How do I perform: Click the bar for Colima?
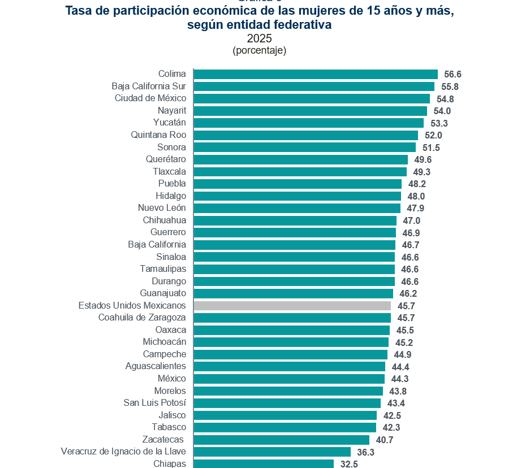[315, 74]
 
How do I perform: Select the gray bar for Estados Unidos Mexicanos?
[292, 306]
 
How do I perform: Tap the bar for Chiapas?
[264, 464]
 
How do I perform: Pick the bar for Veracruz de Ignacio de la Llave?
[272, 452]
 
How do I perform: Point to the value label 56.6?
[453, 75]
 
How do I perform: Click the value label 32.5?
[349, 465]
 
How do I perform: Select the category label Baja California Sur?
[149, 86]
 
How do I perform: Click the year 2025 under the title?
[260, 38]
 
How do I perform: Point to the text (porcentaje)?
[260, 50]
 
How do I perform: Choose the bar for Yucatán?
[308, 123]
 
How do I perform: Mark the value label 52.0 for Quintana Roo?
[433, 136]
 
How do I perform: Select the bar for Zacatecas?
[281, 440]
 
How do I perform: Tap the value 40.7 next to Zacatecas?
[385, 440]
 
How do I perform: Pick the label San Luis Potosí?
[154, 403]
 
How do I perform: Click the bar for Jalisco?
[285, 415]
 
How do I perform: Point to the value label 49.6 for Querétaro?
[423, 160]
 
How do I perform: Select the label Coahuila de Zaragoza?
[142, 318]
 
